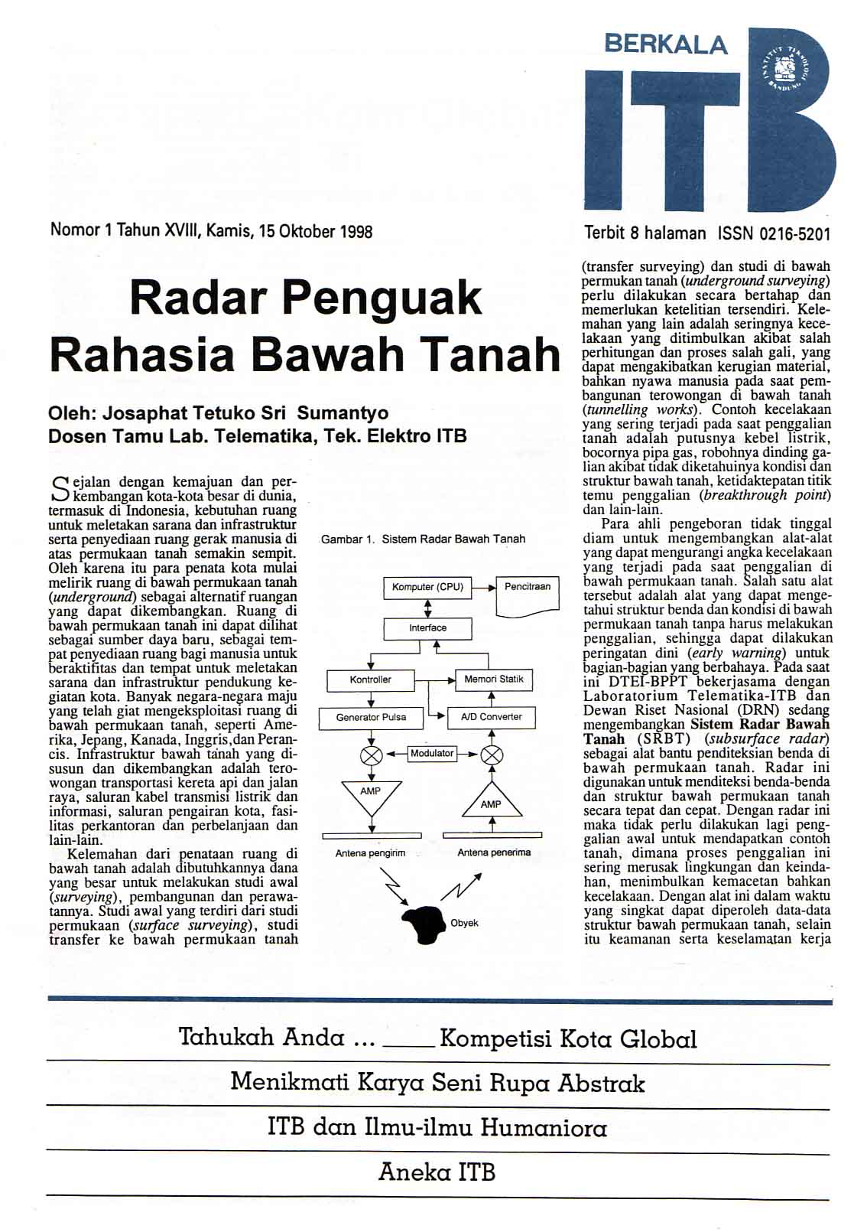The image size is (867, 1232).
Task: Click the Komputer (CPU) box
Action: point(427,587)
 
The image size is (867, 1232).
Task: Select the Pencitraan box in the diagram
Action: point(528,595)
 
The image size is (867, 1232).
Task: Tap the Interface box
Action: point(427,628)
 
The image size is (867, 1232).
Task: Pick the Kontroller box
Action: point(371,680)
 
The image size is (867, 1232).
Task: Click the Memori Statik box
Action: point(494,680)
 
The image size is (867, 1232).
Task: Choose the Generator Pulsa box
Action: point(371,717)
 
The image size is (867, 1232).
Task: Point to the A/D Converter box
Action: point(492,717)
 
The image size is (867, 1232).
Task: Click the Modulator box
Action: point(432,754)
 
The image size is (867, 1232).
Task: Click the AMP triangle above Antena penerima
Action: point(492,800)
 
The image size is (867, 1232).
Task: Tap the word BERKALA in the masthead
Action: point(665,44)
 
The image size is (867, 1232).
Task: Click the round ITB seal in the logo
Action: point(787,73)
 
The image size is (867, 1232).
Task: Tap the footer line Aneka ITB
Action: point(437,1172)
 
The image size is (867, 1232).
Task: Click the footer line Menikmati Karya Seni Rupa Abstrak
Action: point(437,1083)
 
